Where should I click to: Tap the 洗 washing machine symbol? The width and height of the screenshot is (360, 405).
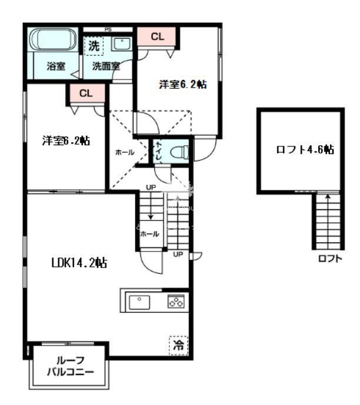pos(94,45)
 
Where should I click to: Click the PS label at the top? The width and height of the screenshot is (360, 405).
pos(108,29)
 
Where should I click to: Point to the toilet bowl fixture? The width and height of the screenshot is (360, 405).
pos(178,152)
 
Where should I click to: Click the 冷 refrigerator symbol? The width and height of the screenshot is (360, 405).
pos(178,346)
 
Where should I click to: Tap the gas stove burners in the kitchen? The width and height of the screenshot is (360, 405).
pos(176,302)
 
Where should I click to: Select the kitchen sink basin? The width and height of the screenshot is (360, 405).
pos(139,302)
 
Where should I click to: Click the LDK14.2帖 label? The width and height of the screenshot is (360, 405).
pos(78,263)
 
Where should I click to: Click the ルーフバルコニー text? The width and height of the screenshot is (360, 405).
pos(70,367)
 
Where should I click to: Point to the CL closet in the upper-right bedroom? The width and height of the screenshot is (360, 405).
pos(157,36)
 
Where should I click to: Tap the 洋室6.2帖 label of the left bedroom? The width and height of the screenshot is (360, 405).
pos(65,141)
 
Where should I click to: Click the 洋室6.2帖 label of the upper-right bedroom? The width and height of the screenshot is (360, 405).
pos(182,85)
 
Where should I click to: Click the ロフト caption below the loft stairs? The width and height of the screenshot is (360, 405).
pos(330,258)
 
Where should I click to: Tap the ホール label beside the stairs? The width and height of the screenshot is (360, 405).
pos(149,234)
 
